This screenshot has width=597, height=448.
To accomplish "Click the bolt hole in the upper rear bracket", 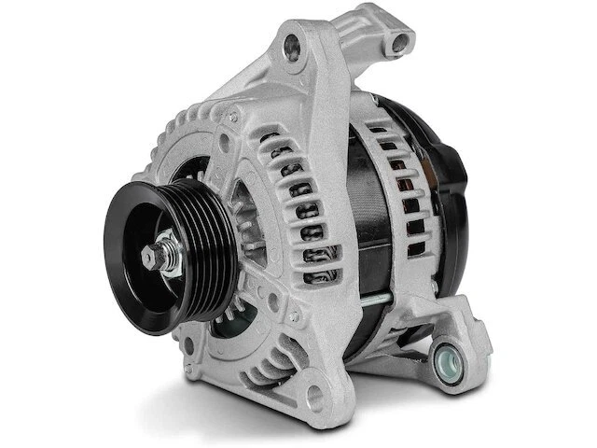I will click(x=401, y=41).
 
